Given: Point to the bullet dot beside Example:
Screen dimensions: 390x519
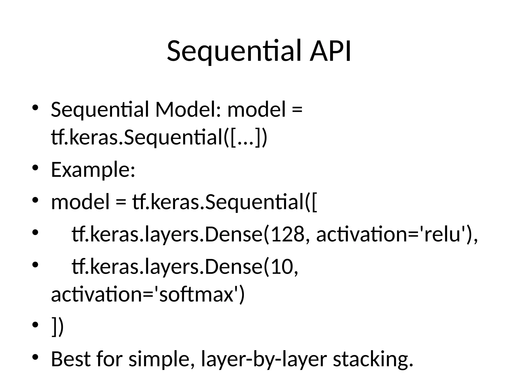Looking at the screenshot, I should (x=35, y=168).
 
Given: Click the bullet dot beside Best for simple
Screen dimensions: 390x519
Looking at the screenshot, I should (x=35, y=357).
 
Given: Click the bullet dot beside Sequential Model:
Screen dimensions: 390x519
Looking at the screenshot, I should (x=35, y=107).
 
